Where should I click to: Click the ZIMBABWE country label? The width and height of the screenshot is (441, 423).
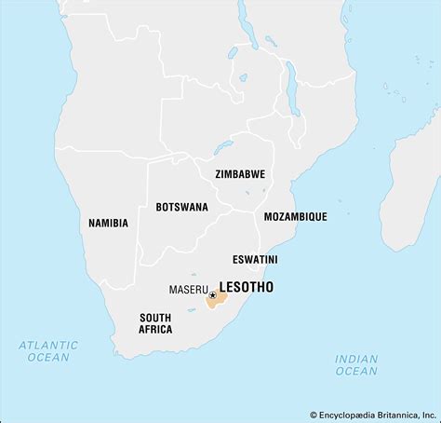click(x=240, y=174)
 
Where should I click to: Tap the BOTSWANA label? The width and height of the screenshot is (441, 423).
click(x=181, y=207)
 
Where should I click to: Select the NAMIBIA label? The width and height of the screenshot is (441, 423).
click(x=108, y=224)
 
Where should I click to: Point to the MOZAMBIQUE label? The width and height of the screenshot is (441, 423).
click(x=295, y=216)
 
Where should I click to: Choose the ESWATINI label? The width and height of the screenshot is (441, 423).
click(x=255, y=259)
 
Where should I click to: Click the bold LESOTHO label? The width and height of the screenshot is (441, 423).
click(x=246, y=288)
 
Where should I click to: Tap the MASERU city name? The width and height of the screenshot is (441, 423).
click(x=188, y=289)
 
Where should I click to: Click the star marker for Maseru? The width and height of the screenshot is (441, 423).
click(x=213, y=296)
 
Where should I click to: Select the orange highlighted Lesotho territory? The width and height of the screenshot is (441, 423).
click(x=221, y=300)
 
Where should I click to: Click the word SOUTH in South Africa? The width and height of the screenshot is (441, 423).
click(x=155, y=317)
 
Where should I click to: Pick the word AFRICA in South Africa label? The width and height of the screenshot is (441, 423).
click(x=155, y=330)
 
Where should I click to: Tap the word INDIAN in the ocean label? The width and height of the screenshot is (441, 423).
click(x=356, y=359)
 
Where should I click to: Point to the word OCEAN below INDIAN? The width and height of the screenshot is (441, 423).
click(x=356, y=371)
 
